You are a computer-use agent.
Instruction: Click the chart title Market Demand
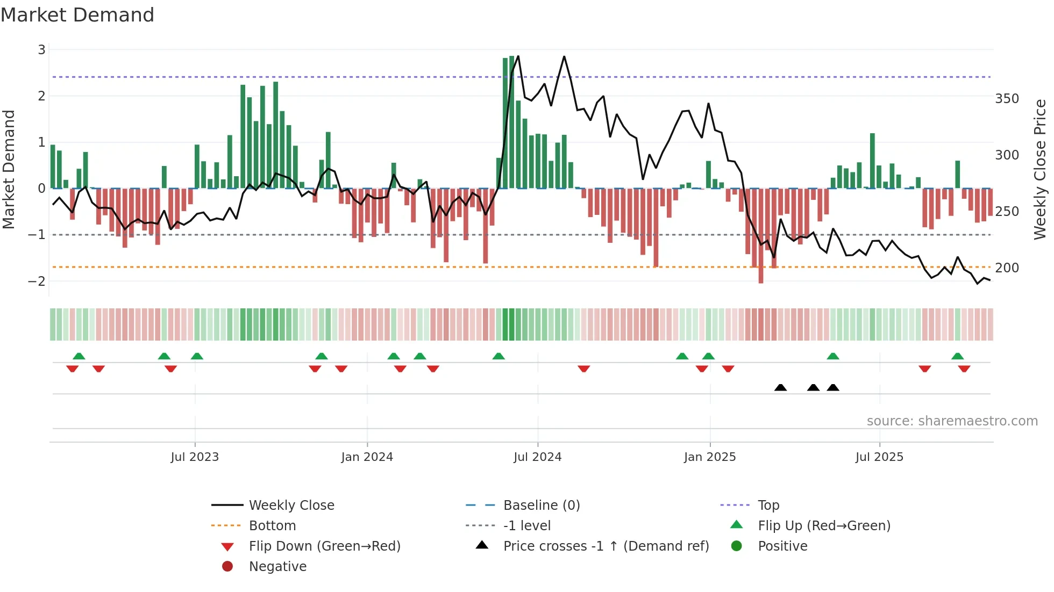point(77,15)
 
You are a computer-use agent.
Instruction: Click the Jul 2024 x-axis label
point(537,457)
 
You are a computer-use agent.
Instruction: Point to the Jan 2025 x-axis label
point(709,457)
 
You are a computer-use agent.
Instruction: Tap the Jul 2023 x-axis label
point(195,457)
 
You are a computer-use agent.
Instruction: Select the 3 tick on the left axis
point(41,50)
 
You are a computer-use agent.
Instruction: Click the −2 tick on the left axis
point(37,281)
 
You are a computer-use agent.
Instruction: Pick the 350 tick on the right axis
point(1007,99)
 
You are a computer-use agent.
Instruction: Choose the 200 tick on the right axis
point(1007,268)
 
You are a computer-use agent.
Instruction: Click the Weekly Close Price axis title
point(1040,169)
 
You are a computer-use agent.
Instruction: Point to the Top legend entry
point(768,506)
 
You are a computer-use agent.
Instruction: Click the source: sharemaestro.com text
point(952,421)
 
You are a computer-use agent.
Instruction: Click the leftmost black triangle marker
point(780,387)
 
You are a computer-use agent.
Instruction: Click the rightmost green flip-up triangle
point(957,356)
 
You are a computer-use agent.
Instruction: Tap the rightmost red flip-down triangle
point(964,369)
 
